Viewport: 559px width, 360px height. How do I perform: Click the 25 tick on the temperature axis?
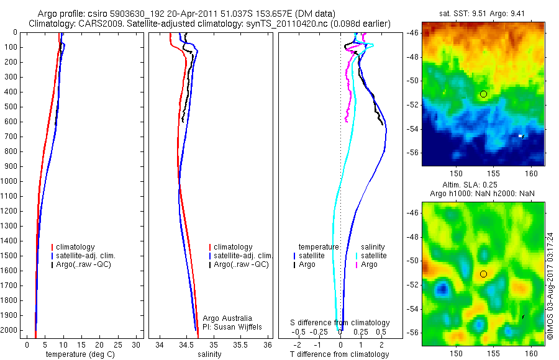pyautogui.click(x=117, y=345)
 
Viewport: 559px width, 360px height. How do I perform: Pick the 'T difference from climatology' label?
pyautogui.click(x=339, y=354)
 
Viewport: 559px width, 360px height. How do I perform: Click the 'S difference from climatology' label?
pyautogui.click(x=340, y=323)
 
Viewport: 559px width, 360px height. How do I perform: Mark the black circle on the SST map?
pyautogui.click(x=483, y=94)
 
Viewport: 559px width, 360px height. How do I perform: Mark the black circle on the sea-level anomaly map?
pyautogui.click(x=483, y=274)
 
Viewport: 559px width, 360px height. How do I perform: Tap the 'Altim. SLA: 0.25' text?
pyautogui.click(x=483, y=186)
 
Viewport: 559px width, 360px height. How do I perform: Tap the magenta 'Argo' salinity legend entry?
pyautogui.click(x=369, y=264)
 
